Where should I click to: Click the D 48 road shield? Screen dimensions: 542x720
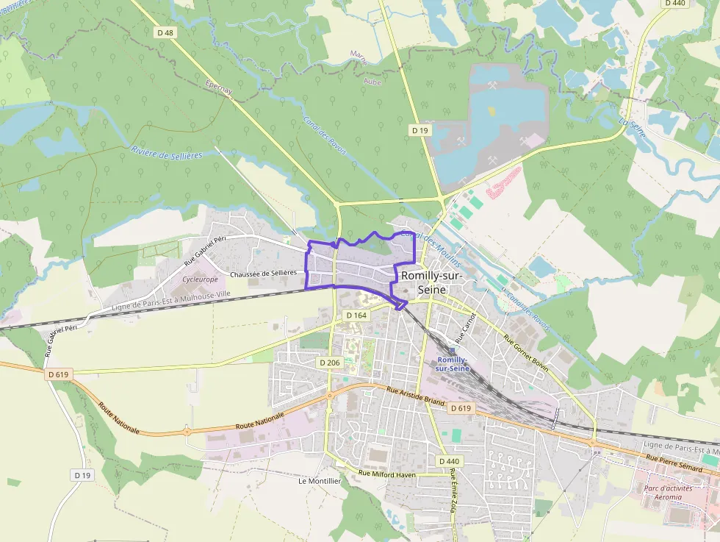tap(165, 32)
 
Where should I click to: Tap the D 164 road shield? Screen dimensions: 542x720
tap(356, 315)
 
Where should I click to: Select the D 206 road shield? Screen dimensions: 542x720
tap(330, 363)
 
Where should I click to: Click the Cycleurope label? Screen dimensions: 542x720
tap(200, 279)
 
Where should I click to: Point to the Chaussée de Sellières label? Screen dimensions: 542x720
tap(263, 274)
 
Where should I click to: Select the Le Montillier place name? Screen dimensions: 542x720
tap(320, 481)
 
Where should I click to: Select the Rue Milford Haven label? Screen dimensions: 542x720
tap(386, 474)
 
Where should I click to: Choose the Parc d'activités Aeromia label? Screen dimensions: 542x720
tap(663, 492)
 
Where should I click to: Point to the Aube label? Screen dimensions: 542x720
tap(373, 82)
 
